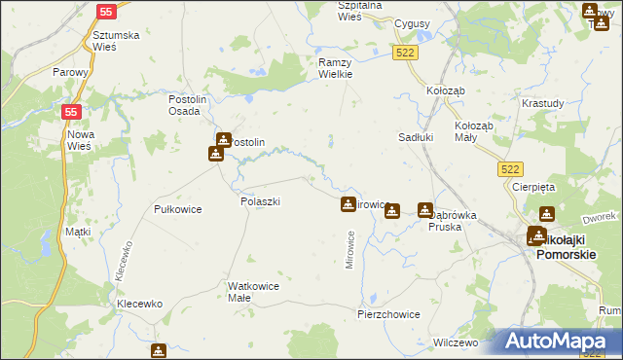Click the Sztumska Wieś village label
(x=116, y=42)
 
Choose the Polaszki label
(x=260, y=201)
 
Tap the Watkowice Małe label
(x=253, y=292)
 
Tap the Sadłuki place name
(x=416, y=137)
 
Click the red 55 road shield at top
(x=107, y=13)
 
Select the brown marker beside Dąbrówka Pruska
(x=425, y=210)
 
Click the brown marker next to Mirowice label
(x=348, y=204)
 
